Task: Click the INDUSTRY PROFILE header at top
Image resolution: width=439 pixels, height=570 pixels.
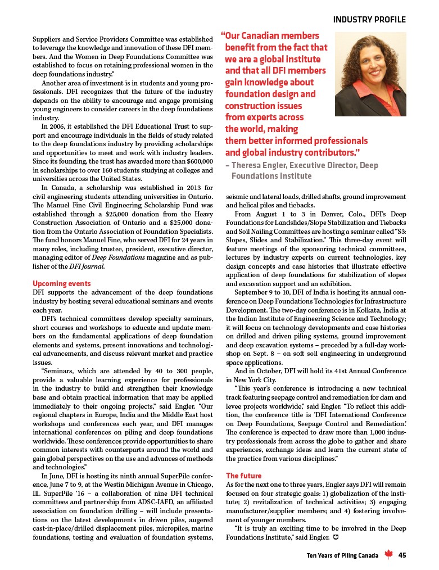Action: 369,20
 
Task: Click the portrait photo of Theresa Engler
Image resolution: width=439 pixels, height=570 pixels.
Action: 370,74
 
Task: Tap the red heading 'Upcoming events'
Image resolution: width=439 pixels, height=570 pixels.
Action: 61,283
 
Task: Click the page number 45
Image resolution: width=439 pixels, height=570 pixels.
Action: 402,555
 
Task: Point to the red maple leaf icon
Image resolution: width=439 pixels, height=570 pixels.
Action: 388,555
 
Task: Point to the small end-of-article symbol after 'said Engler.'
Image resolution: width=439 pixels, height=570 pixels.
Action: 336,537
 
